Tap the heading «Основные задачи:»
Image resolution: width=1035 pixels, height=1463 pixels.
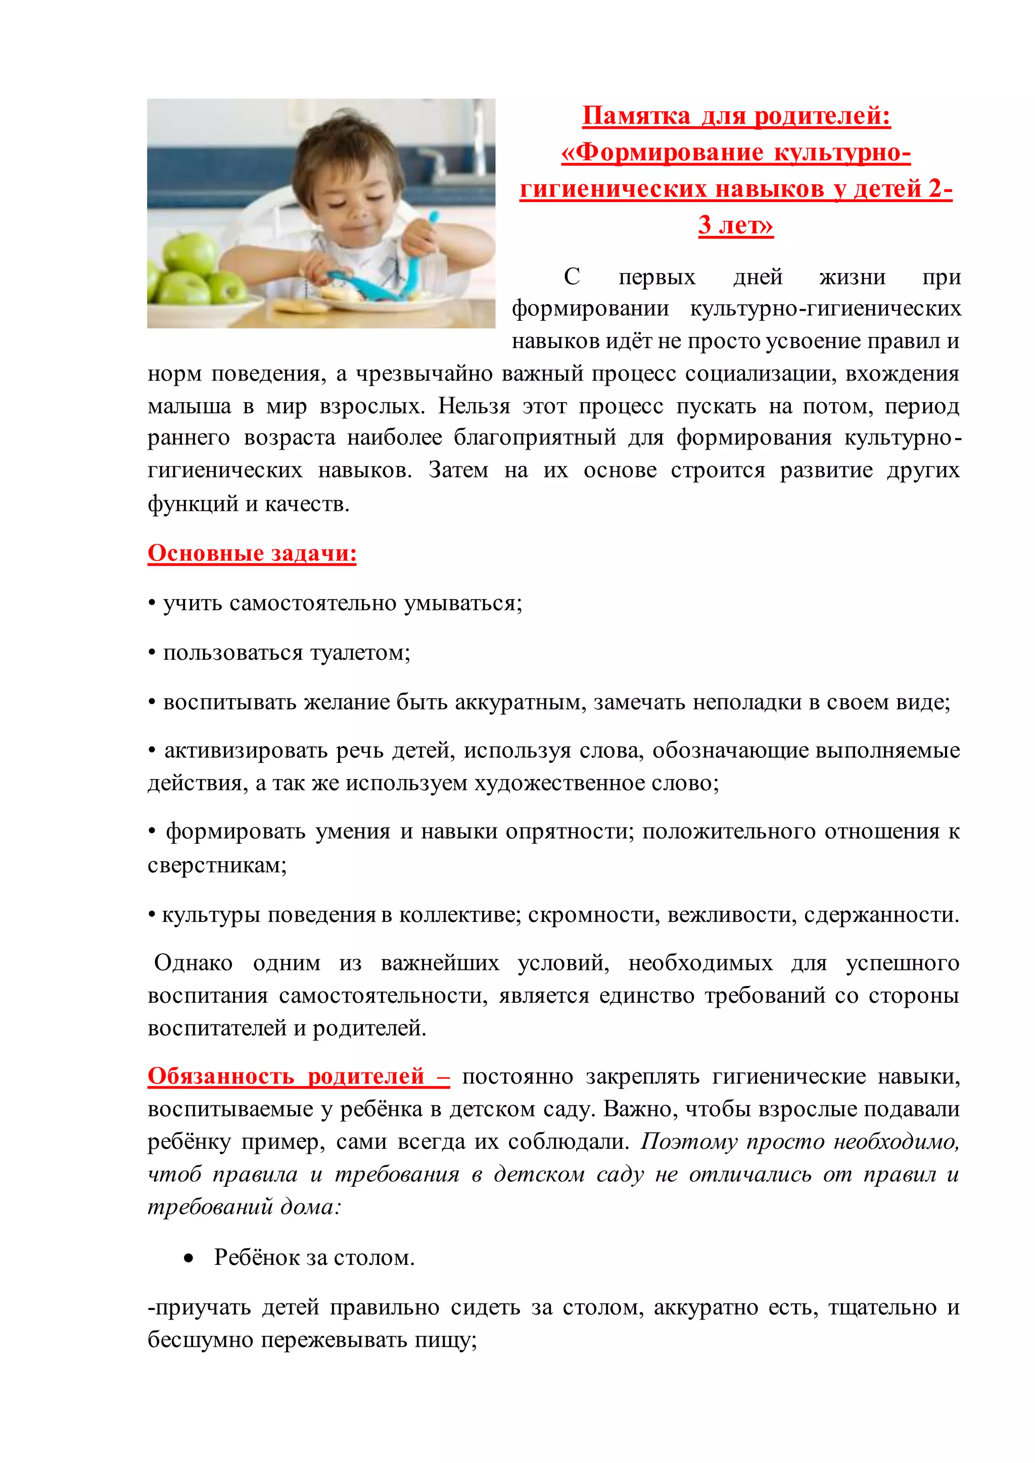[252, 553]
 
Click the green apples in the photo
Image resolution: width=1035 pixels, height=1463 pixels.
[191, 271]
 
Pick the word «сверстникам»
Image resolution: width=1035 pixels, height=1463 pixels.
[217, 865]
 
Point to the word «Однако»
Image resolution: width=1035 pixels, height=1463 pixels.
[193, 962]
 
